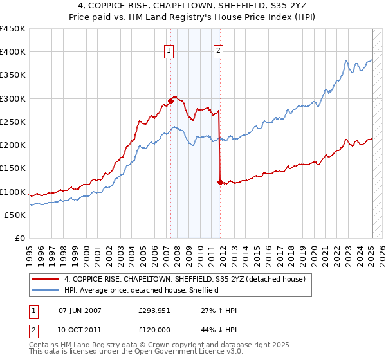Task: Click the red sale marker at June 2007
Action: pos(171,101)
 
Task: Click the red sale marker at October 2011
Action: pos(220,182)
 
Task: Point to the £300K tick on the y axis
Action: pos(13,98)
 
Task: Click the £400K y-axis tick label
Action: pos(13,52)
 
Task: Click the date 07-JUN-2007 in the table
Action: pos(80,310)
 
